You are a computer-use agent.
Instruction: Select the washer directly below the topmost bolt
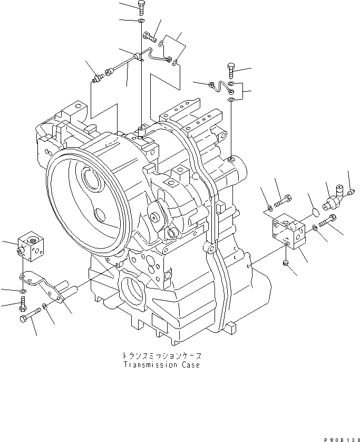tap(141, 22)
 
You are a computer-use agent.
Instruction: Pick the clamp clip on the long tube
tap(140, 57)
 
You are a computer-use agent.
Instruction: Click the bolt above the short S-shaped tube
tap(230, 69)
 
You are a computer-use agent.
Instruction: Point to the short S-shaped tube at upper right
tap(220, 87)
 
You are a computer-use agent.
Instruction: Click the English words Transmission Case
tap(161, 365)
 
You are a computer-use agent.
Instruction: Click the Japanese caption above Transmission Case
tap(161, 356)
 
